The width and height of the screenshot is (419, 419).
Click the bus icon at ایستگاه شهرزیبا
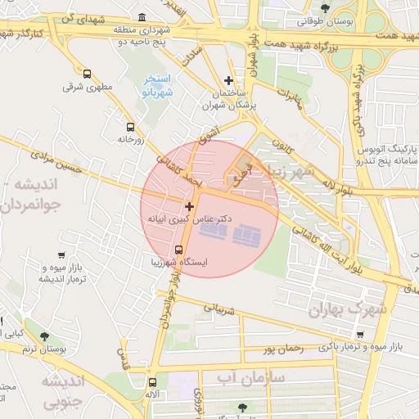[x=179, y=250]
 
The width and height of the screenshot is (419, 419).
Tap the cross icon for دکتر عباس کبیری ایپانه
[x=190, y=206]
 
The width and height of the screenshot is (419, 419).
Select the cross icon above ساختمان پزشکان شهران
[x=228, y=80]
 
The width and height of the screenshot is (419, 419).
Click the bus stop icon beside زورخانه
[x=130, y=127]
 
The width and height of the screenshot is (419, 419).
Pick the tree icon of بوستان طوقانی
[x=325, y=8]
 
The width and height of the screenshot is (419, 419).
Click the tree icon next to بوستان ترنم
[x=44, y=336]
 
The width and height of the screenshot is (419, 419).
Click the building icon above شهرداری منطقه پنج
[x=142, y=17]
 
